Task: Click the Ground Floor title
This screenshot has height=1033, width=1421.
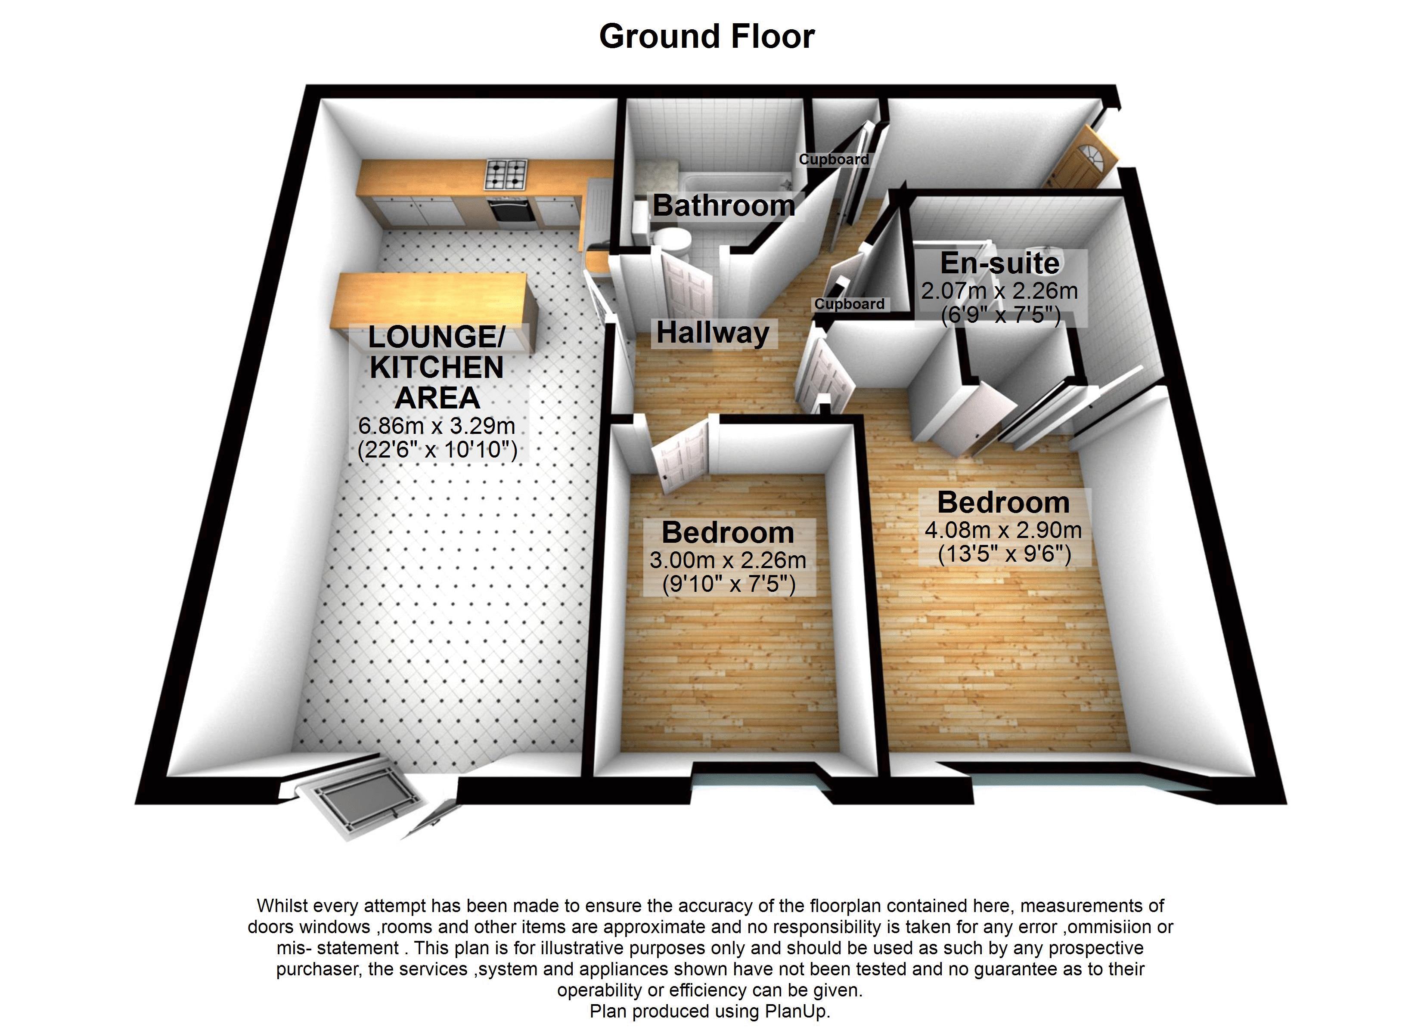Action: click(707, 36)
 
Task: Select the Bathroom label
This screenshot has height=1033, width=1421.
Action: click(724, 205)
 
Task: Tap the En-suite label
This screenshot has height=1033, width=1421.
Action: click(999, 263)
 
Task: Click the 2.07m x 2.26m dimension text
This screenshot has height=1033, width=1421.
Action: click(999, 291)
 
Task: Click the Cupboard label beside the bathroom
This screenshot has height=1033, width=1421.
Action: click(833, 159)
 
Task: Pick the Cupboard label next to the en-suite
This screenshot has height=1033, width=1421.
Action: click(850, 304)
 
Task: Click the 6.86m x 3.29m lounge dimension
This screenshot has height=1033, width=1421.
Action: click(437, 426)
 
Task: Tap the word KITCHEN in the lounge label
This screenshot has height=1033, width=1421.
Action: click(437, 367)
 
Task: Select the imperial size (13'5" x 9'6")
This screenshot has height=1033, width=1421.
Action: click(1004, 554)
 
